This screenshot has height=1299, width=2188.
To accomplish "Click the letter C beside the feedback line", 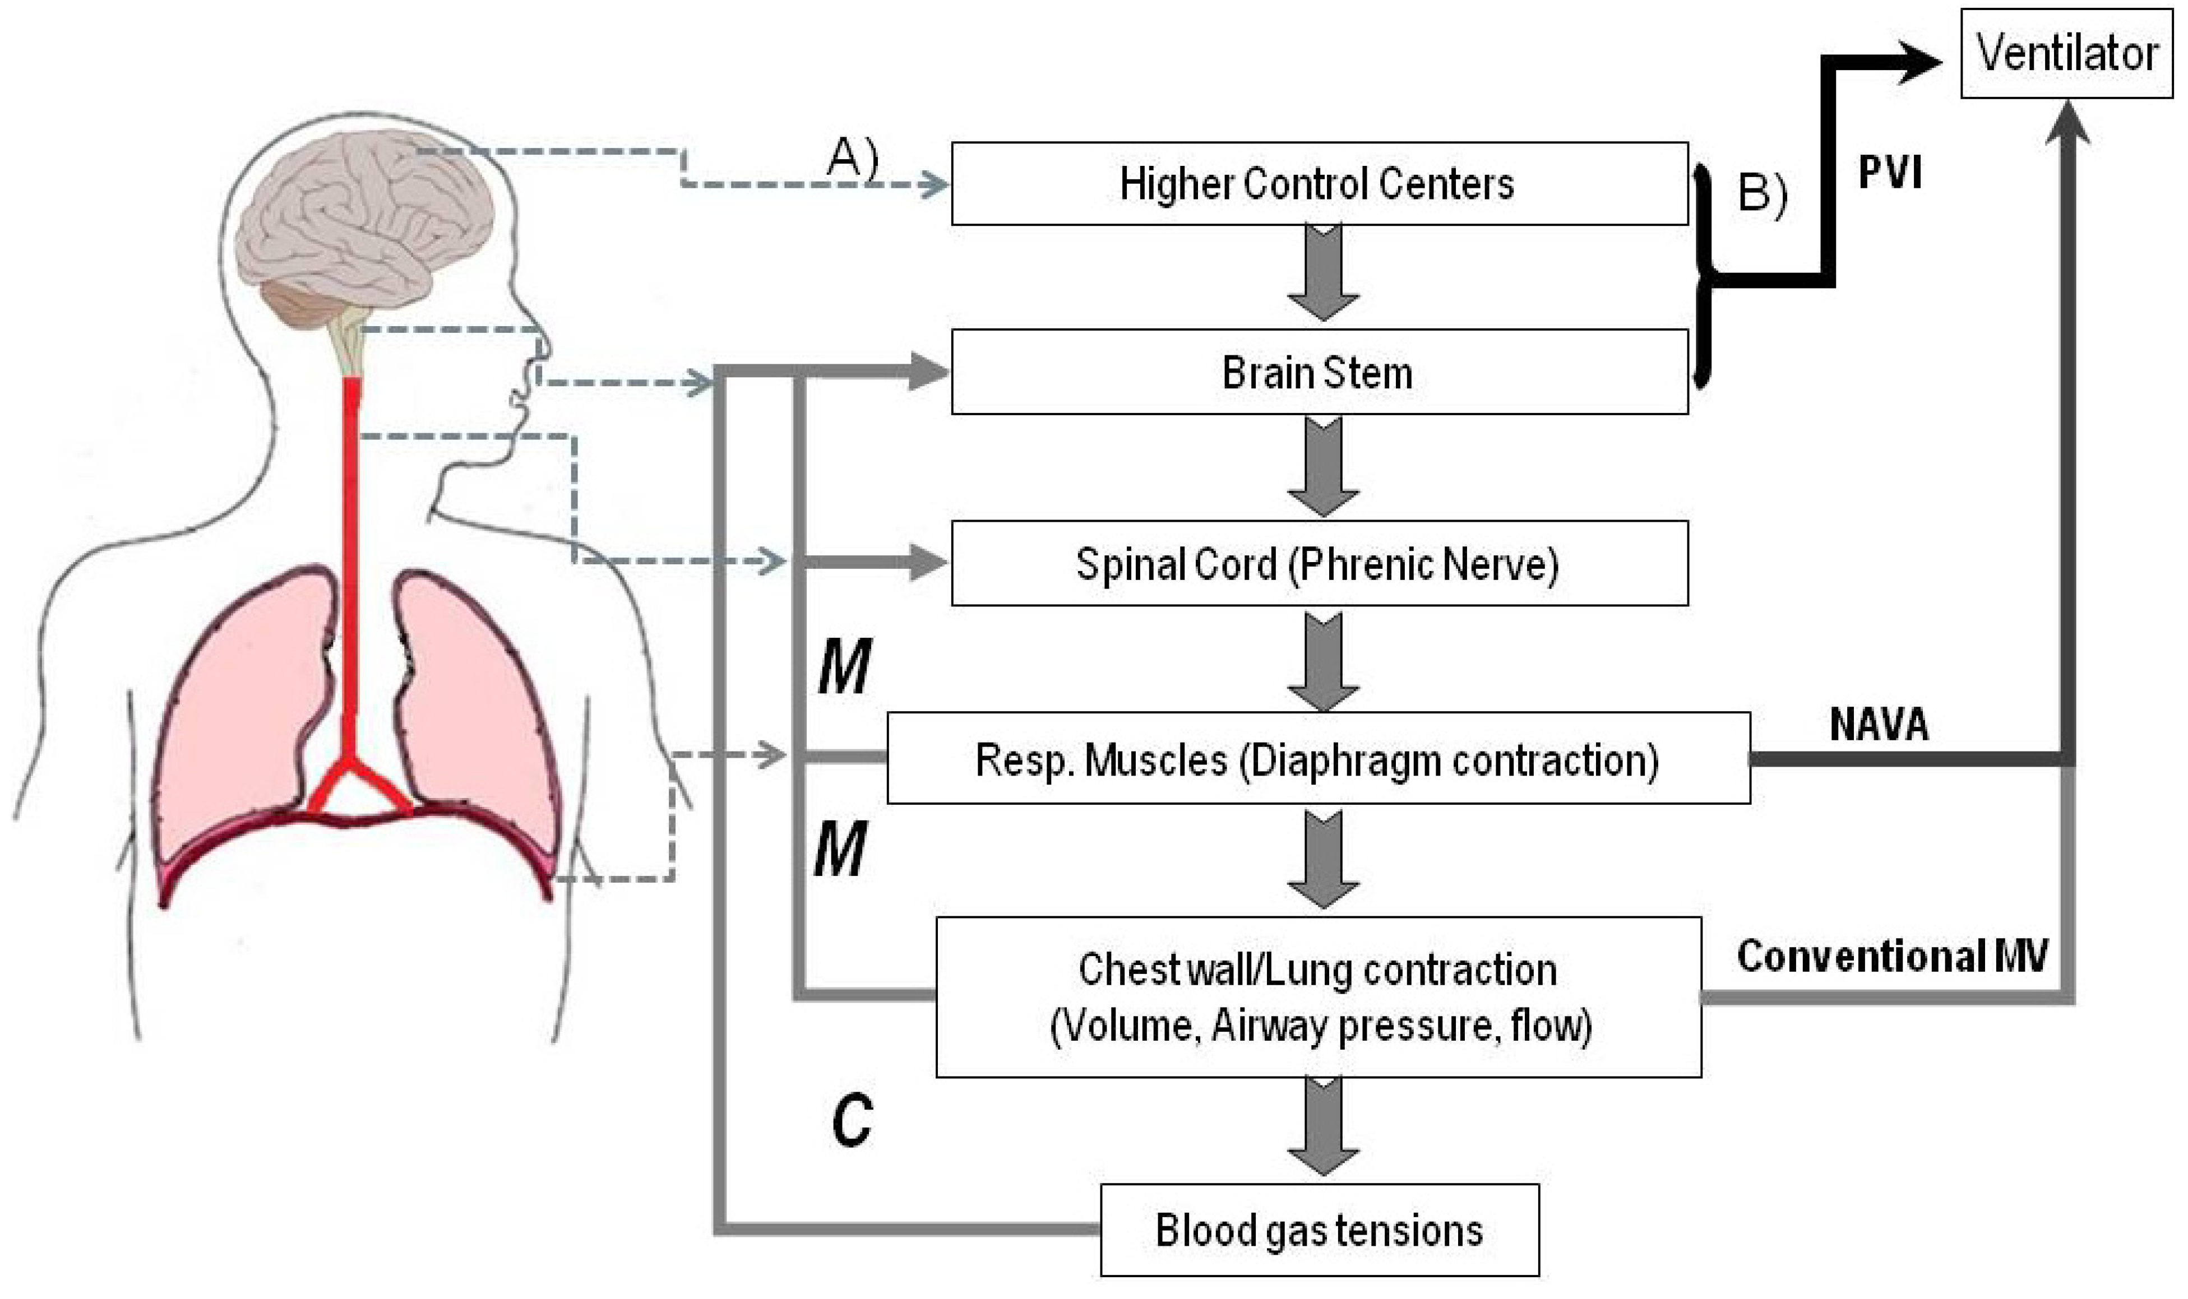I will coord(851,1121).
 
